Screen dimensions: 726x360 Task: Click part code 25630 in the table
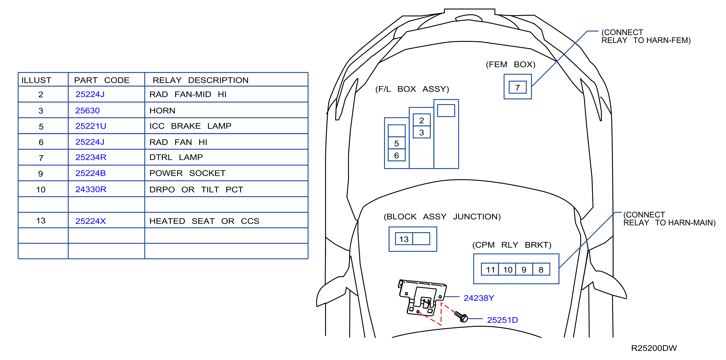[87, 110]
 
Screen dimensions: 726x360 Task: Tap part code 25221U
[91, 126]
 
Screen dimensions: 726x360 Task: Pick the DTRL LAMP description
[176, 157]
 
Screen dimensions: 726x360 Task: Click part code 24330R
[91, 189]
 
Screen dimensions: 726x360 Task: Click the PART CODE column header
[102, 80]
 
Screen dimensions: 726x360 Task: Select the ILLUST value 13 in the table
[41, 221]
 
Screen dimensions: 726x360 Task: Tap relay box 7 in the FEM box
[517, 87]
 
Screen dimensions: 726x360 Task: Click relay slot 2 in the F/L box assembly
[422, 120]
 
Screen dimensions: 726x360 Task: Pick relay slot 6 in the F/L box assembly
[396, 155]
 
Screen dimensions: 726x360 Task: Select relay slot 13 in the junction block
[404, 239]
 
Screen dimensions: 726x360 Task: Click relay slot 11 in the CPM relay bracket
[490, 270]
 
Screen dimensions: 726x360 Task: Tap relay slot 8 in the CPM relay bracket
[541, 270]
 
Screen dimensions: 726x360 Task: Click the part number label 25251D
[503, 320]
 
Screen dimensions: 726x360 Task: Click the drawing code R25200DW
[654, 348]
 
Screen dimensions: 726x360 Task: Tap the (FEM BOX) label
[510, 65]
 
